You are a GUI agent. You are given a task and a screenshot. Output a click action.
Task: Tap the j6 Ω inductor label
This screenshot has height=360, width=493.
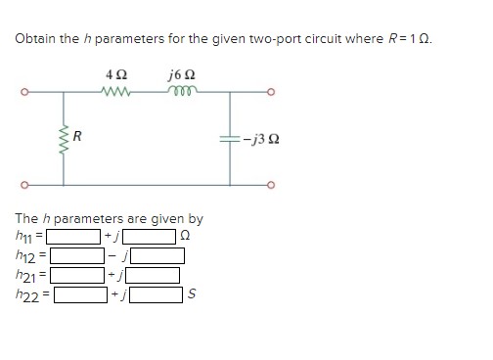[x=182, y=74]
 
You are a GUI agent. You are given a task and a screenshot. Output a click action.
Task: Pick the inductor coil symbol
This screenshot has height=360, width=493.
[x=182, y=93]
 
